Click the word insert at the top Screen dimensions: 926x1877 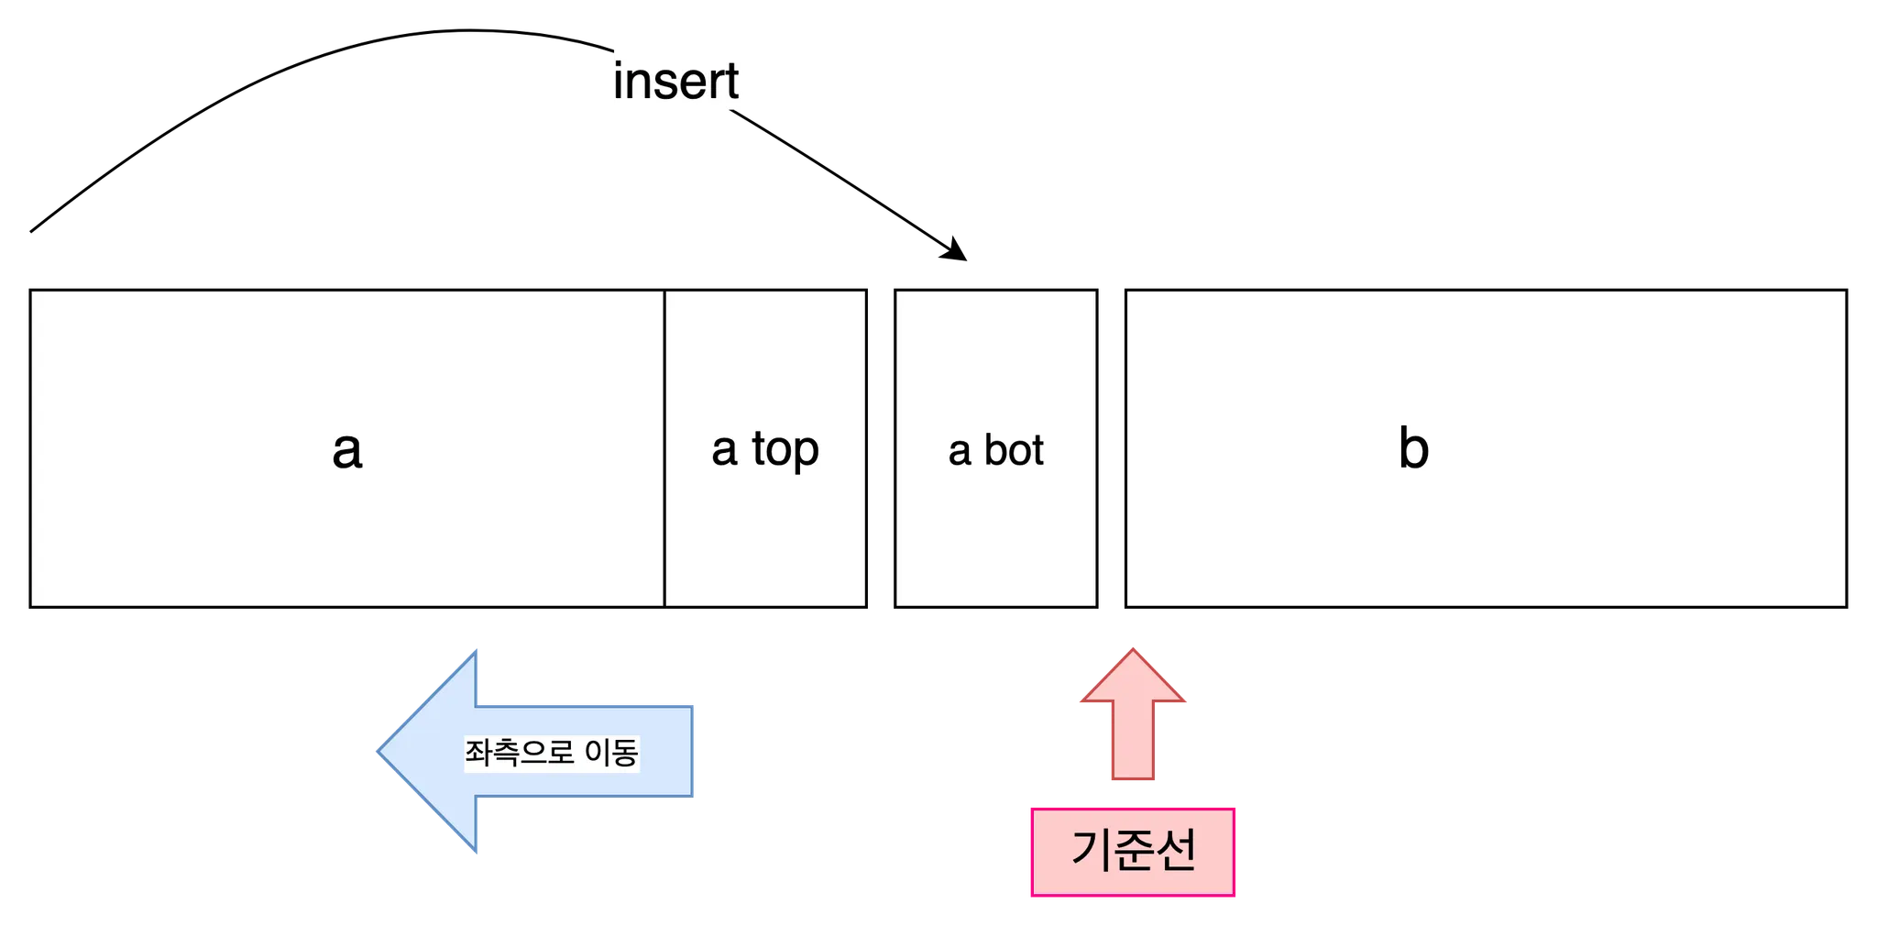pos(676,81)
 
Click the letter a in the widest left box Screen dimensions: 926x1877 pos(347,450)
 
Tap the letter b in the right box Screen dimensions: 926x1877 pos(1413,449)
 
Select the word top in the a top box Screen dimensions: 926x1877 pos(785,449)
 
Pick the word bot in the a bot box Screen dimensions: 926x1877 pos(1014,450)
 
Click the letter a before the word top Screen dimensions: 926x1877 pos(724,450)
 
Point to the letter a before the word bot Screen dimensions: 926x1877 pos(959,452)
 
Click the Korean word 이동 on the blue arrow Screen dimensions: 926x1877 pos(611,753)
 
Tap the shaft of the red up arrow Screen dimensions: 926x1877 pos(1133,743)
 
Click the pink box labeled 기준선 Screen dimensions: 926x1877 pos(1133,851)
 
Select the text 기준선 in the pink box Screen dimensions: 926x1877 pos(1133,851)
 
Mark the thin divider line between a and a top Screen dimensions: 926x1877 pos(664,448)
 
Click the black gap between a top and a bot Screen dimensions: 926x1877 pos(881,448)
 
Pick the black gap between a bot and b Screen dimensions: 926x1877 pos(1111,448)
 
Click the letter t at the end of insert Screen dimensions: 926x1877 pos(731,81)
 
